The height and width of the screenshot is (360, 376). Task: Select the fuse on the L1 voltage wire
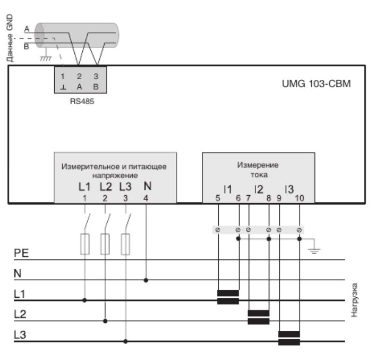pos(84,244)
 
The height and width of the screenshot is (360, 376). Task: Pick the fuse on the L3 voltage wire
pos(125,244)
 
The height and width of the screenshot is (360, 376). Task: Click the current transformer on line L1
pos(228,297)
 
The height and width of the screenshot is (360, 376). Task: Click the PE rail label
pos(20,254)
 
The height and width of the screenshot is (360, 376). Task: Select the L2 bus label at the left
pos(20,314)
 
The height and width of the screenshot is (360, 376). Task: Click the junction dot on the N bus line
pos(147,279)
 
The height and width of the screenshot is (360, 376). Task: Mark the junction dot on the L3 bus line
pos(126,341)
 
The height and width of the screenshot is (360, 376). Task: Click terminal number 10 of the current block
pos(300,198)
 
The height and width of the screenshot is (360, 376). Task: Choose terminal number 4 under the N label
pos(147,198)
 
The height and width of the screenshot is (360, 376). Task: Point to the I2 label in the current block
pos(259,189)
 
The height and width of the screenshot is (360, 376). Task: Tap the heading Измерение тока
pos(259,169)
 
